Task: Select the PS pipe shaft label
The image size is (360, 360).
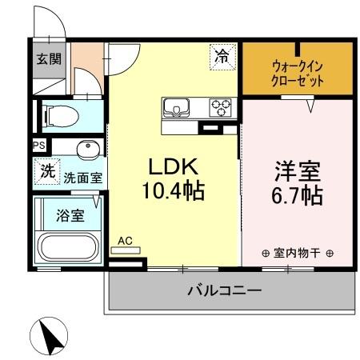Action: (38, 146)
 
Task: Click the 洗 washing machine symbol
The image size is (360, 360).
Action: (47, 170)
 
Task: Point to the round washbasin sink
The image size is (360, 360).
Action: (88, 150)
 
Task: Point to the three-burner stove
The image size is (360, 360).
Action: (220, 106)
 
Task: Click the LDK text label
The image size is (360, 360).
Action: (171, 168)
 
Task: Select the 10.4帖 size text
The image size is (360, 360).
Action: (172, 191)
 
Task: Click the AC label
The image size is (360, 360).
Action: (125, 239)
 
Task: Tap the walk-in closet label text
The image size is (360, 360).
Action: (298, 74)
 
